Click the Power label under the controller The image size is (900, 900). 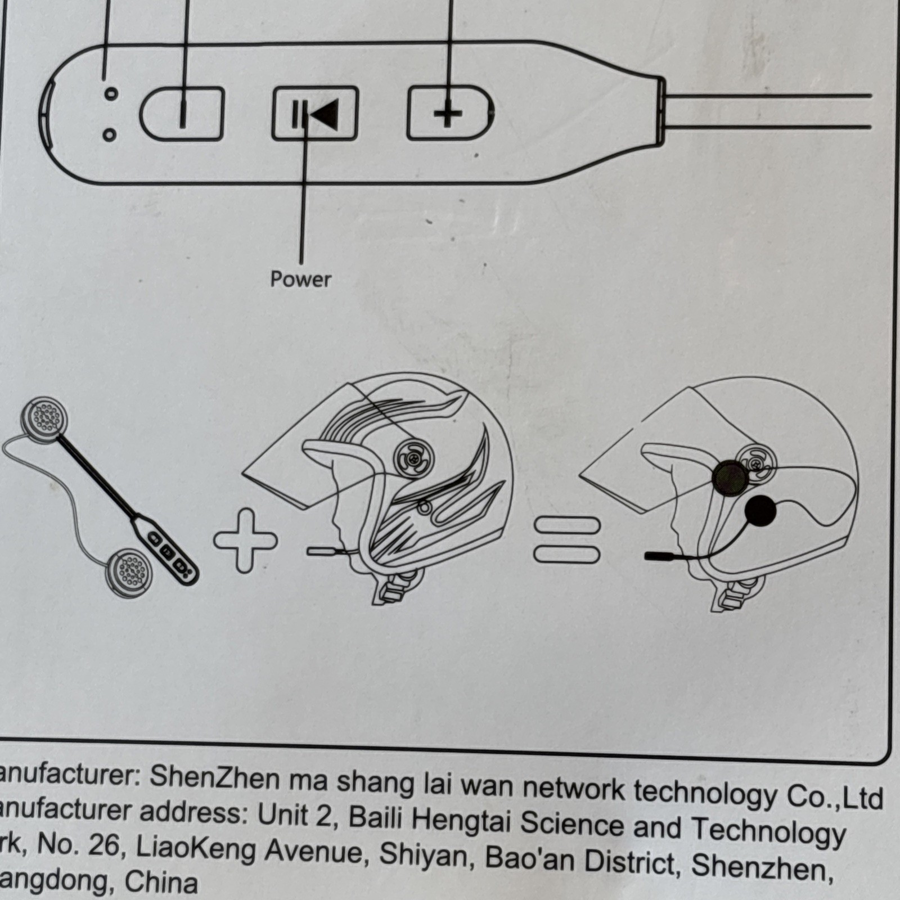pyautogui.click(x=300, y=279)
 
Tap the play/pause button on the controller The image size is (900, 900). pyautogui.click(x=315, y=114)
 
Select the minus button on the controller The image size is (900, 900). pyautogui.click(x=182, y=113)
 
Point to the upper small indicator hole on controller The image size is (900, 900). pyautogui.click(x=111, y=94)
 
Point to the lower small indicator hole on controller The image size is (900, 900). pyautogui.click(x=110, y=135)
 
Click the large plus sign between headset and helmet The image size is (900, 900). pyautogui.click(x=245, y=540)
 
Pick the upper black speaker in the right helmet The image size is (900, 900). pyautogui.click(x=730, y=478)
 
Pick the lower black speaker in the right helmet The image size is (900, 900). pyautogui.click(x=760, y=511)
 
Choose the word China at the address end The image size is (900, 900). pyautogui.click(x=161, y=882)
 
